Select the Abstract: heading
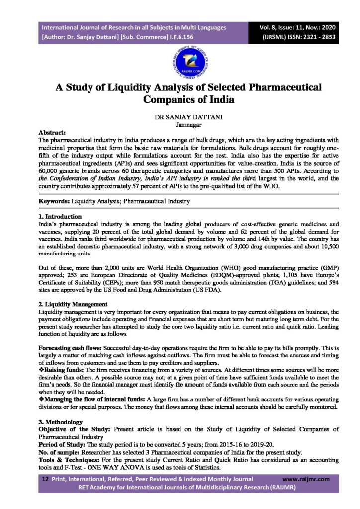[x=52, y=133]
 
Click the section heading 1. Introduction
[x=60, y=217]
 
